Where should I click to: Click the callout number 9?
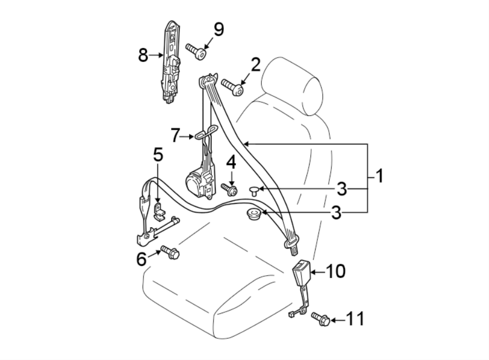pyautogui.click(x=218, y=29)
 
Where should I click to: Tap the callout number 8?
pyautogui.click(x=143, y=55)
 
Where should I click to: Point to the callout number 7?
pyautogui.click(x=174, y=135)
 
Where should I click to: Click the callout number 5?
pyautogui.click(x=158, y=155)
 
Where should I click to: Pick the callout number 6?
pyautogui.click(x=141, y=259)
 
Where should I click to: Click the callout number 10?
pyautogui.click(x=336, y=271)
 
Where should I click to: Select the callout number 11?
pyautogui.click(x=356, y=319)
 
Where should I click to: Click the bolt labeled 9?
pyautogui.click(x=196, y=52)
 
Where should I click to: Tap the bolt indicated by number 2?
pyautogui.click(x=232, y=86)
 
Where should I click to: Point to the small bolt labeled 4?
pyautogui.click(x=229, y=189)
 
